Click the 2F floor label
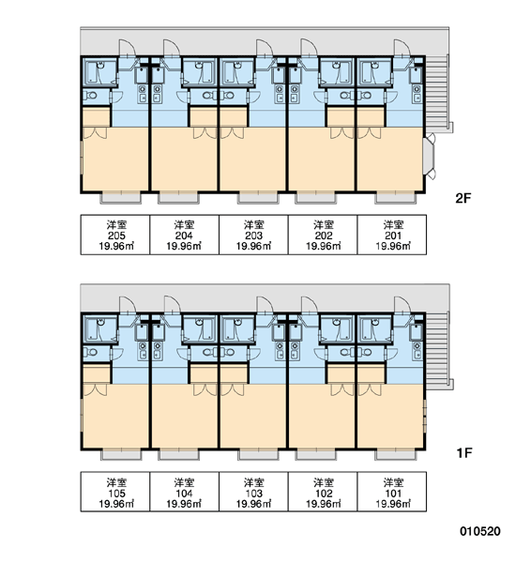(x=463, y=198)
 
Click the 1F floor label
(x=463, y=453)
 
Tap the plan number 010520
(x=480, y=531)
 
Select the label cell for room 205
(x=115, y=235)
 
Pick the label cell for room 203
(x=253, y=235)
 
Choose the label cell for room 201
(x=392, y=235)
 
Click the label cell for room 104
(x=184, y=492)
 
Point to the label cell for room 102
(x=323, y=492)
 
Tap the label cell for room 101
(x=392, y=492)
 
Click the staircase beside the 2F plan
(x=437, y=91)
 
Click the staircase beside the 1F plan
(x=437, y=348)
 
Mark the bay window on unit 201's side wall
(x=429, y=156)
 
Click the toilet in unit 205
(x=90, y=96)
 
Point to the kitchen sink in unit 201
(x=417, y=93)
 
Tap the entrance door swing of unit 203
(x=265, y=48)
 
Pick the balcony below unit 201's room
(x=396, y=197)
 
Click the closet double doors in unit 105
(x=95, y=390)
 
